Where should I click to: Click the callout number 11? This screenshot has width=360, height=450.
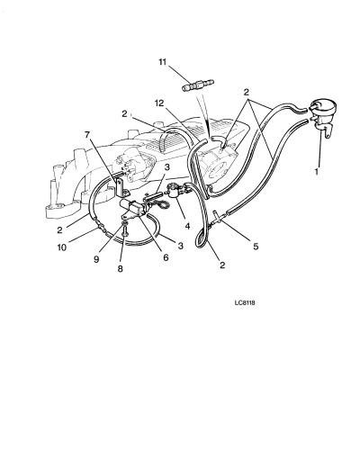tap(162, 62)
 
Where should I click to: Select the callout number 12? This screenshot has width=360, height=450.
tap(159, 103)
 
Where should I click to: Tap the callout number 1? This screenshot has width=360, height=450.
tap(316, 172)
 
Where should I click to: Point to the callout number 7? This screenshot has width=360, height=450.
tap(87, 135)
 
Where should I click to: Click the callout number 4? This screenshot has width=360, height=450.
tap(187, 226)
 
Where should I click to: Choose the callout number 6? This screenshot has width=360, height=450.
tap(166, 257)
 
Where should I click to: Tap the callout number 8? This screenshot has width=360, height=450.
tap(120, 269)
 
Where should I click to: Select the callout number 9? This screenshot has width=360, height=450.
tap(96, 259)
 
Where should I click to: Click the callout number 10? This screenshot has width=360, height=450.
tap(62, 248)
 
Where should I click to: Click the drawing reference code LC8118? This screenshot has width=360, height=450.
tap(245, 303)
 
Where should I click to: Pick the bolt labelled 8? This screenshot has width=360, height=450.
tap(125, 232)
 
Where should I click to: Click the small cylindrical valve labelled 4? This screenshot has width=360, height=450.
tap(175, 190)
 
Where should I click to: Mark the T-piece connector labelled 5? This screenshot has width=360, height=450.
tap(219, 218)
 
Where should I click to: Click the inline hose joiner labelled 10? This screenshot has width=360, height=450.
tap(101, 226)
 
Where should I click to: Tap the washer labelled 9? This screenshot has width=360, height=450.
tap(125, 224)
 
